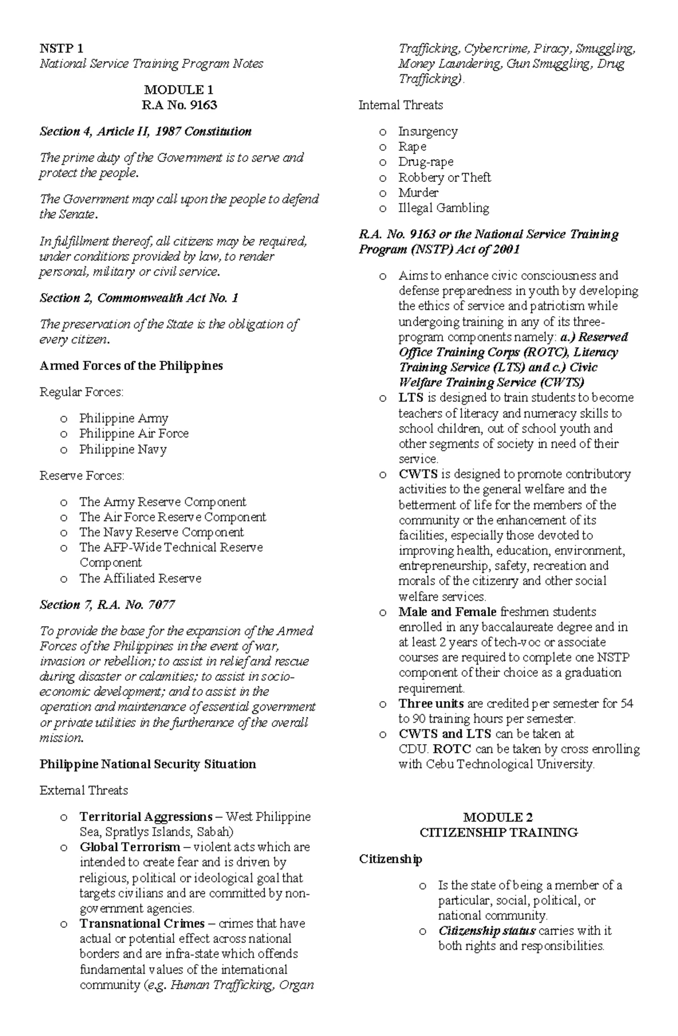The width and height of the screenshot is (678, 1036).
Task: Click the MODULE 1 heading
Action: click(x=178, y=90)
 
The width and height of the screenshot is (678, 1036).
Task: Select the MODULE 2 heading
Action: click(x=498, y=817)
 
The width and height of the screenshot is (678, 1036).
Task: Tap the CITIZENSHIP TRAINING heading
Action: click(x=498, y=832)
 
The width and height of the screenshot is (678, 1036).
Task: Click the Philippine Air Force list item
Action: click(x=134, y=434)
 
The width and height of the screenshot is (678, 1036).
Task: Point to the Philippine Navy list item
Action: click(x=123, y=449)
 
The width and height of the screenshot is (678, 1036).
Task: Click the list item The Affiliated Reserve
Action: click(x=140, y=578)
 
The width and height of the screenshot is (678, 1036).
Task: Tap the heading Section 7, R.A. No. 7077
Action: click(x=107, y=605)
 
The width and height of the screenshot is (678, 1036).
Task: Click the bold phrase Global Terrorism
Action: click(x=130, y=847)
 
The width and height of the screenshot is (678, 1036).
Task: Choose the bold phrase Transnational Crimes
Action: click(x=142, y=924)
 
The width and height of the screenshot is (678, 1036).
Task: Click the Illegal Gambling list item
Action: click(x=444, y=208)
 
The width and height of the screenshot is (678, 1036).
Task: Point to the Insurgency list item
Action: click(x=428, y=131)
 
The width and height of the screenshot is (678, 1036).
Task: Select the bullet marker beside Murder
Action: click(x=383, y=193)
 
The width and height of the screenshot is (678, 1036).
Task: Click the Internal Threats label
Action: click(x=401, y=105)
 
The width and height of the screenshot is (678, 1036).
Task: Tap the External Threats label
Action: click(x=84, y=790)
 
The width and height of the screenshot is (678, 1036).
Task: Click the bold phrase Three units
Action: click(x=431, y=703)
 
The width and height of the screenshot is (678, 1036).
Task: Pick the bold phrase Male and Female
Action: click(x=447, y=611)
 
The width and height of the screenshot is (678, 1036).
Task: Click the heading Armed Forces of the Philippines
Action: click(x=131, y=366)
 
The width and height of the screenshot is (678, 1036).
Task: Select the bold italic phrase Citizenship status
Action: click(x=487, y=930)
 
